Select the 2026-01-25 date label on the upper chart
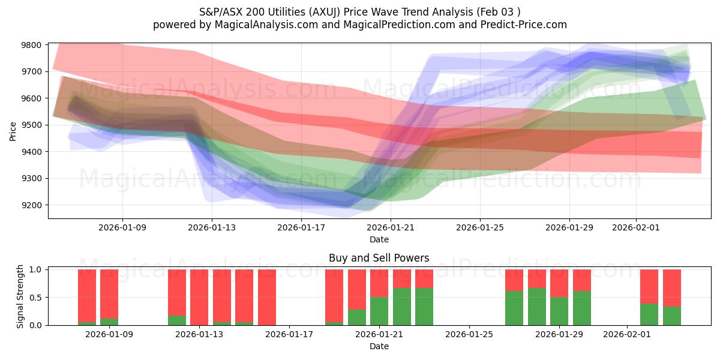480,227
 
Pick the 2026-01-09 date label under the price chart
122,227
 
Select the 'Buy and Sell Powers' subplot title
379,259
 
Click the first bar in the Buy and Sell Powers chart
87,297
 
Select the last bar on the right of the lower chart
672,297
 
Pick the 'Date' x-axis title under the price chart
379,239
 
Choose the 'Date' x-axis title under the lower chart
379,346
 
